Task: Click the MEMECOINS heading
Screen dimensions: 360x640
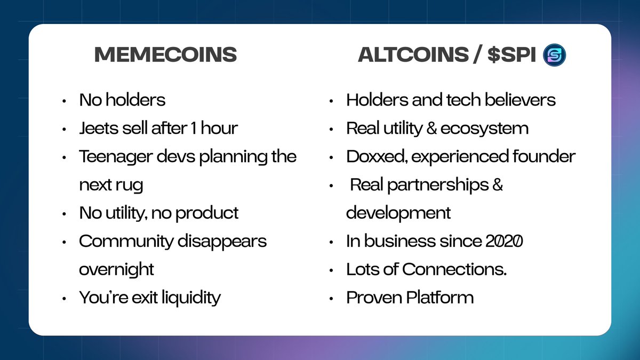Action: click(165, 55)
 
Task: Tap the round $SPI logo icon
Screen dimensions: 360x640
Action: click(555, 55)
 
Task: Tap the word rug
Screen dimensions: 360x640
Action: click(130, 185)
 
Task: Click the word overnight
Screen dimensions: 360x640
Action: click(116, 269)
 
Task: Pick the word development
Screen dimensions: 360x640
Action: click(398, 213)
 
